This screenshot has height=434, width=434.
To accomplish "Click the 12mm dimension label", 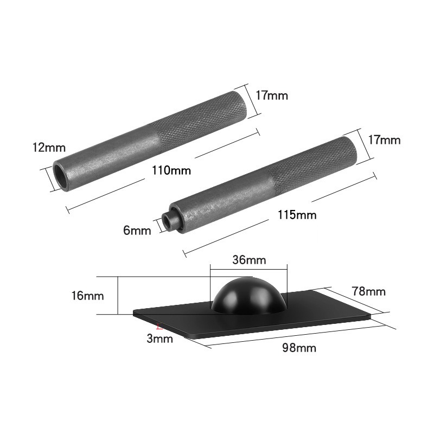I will coord(49,148).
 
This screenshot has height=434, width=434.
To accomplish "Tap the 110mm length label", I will coord(171,170).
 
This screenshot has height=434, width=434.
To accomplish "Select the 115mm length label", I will coord(296,215).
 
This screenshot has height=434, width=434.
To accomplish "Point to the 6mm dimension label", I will coord(137,231).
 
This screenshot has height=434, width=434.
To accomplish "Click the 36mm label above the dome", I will coord(248,260).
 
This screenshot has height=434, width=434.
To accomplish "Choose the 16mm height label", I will coord(87,296).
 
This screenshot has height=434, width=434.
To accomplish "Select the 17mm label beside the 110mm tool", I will coord(271,96).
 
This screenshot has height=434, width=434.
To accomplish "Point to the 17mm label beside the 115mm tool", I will coord(384,140).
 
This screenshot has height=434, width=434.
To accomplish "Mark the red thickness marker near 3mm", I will coord(158,327).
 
